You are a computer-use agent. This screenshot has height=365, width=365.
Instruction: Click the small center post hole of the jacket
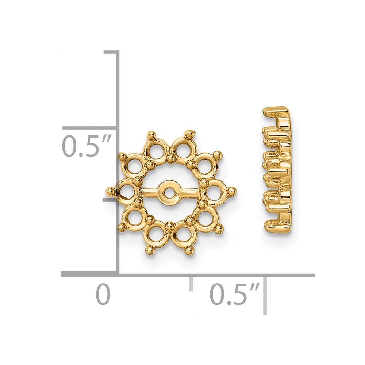pos(169,193)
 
